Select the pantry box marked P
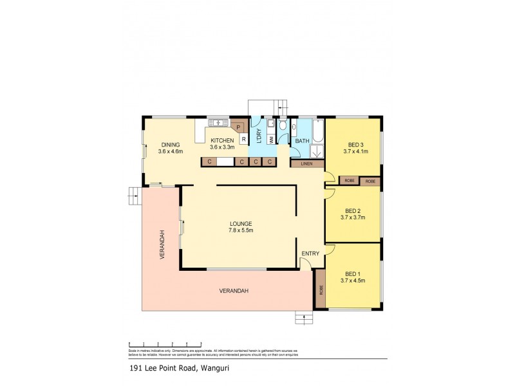point(238,127)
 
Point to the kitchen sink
point(218,122)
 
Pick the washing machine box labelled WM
point(272,138)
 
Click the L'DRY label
point(256,136)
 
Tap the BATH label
point(302,140)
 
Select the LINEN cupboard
point(307,164)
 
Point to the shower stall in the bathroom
point(317,152)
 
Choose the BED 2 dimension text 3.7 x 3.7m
point(352,217)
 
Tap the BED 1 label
point(352,271)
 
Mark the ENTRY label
point(310,253)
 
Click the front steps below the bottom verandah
point(303,317)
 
